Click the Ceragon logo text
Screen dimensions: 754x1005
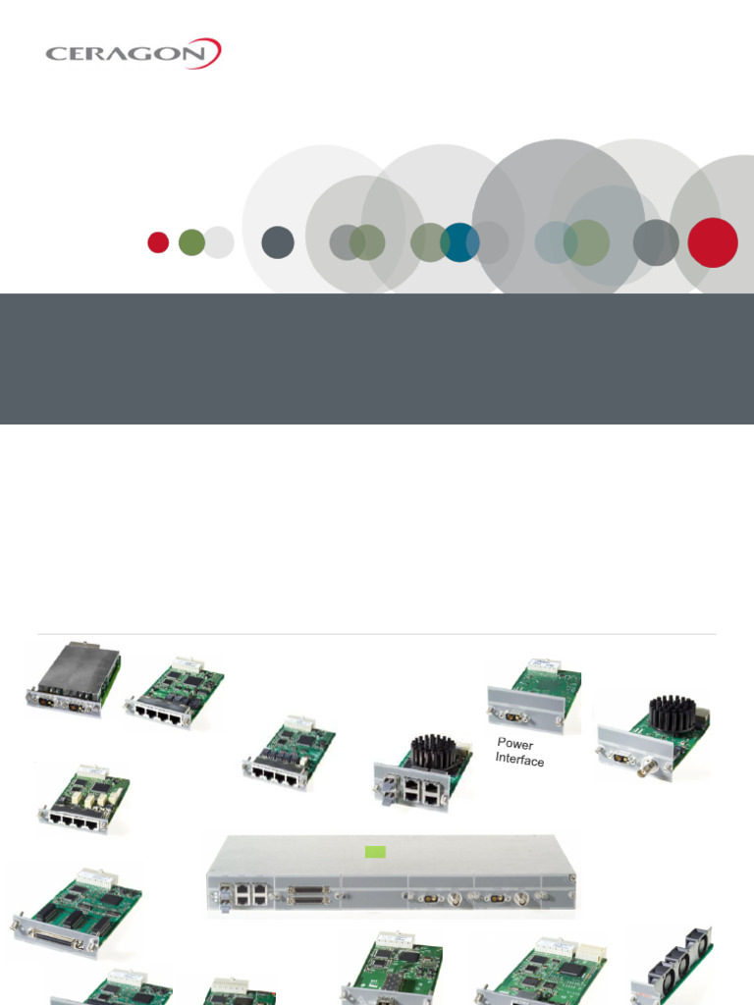point(123,53)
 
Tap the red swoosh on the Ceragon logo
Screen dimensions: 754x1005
point(211,51)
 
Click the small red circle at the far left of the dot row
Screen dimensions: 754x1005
point(158,242)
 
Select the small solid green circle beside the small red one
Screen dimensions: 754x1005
point(191,242)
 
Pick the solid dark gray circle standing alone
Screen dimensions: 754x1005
point(278,242)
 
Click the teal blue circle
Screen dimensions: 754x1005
point(459,242)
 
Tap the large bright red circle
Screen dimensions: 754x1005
point(712,242)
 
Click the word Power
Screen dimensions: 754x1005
point(515,744)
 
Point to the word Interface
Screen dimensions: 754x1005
point(519,760)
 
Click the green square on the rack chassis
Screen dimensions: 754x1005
point(374,851)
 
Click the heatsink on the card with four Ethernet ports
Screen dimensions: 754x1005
point(435,751)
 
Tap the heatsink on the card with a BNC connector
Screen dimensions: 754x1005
point(672,714)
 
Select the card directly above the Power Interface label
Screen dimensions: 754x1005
point(535,694)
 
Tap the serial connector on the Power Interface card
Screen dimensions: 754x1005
point(514,717)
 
